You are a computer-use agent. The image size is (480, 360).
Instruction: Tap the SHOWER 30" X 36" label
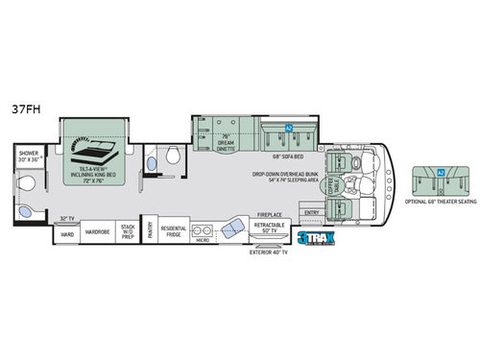33,156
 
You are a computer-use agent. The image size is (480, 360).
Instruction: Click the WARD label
67,233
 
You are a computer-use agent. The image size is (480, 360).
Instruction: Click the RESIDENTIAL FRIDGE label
174,231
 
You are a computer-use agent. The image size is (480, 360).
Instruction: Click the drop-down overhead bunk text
286,179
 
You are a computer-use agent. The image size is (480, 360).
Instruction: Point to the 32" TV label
67,218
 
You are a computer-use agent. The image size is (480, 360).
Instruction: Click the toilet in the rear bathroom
27,212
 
